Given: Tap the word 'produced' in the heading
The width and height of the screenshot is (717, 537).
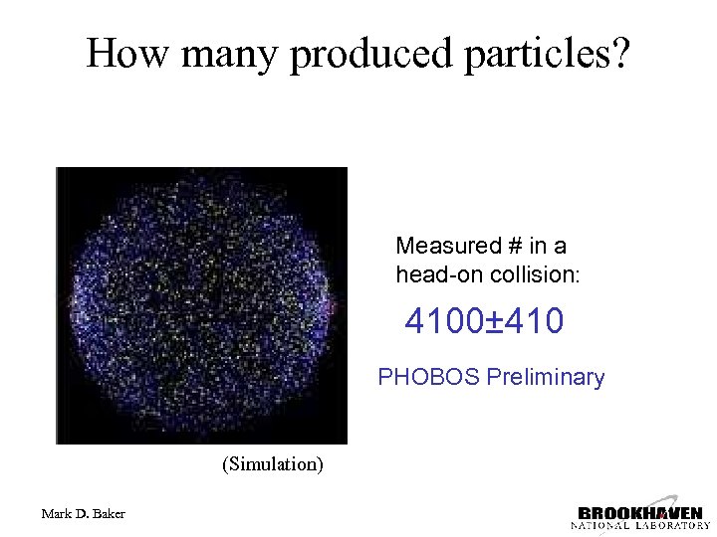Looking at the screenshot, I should [x=370, y=54].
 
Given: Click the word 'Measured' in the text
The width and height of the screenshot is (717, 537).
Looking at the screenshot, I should [x=443, y=246].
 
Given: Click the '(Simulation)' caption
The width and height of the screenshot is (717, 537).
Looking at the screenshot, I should [x=273, y=464].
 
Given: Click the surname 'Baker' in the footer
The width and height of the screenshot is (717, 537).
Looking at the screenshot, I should [x=109, y=513].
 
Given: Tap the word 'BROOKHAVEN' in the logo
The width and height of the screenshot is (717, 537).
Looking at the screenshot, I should [x=639, y=512].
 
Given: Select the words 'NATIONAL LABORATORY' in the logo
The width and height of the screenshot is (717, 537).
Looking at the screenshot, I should [x=639, y=524].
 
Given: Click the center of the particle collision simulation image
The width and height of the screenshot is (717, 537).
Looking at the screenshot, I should [x=201, y=305].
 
